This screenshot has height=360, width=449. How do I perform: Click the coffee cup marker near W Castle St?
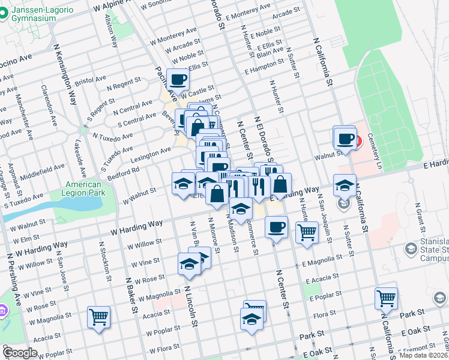pyautogui.click(x=178, y=79)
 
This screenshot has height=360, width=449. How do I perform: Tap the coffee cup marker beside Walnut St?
pyautogui.click(x=345, y=137)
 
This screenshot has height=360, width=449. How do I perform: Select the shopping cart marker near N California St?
pyautogui.click(x=386, y=298)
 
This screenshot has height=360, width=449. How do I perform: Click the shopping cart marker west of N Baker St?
pyautogui.click(x=98, y=317)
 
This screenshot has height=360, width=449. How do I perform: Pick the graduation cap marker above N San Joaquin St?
pyautogui.click(x=345, y=185)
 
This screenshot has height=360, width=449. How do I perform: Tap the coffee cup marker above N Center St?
pyautogui.click(x=276, y=227)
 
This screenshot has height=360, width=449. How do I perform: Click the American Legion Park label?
pyautogui.click(x=83, y=189)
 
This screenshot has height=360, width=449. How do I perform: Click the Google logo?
pyautogui.click(x=20, y=352)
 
